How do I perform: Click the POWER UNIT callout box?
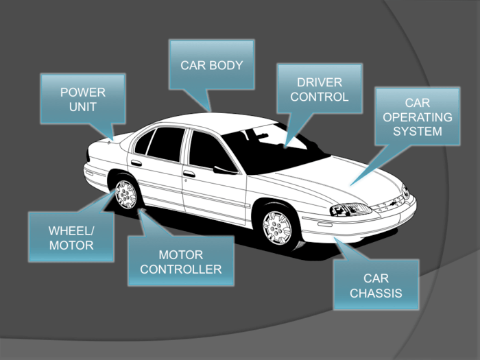(x=82, y=99)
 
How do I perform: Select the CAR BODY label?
(x=212, y=66)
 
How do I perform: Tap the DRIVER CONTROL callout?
(x=319, y=90)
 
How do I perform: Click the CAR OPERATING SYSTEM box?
(x=418, y=117)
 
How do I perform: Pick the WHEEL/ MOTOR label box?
(x=71, y=237)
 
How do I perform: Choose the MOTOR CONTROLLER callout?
(x=180, y=261)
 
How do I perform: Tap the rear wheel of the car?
(x=126, y=194)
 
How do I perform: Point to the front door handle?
(x=189, y=174)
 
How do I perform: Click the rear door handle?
(x=136, y=163)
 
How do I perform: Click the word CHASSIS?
(x=375, y=293)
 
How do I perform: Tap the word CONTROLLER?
(x=180, y=269)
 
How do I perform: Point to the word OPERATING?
(x=418, y=117)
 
